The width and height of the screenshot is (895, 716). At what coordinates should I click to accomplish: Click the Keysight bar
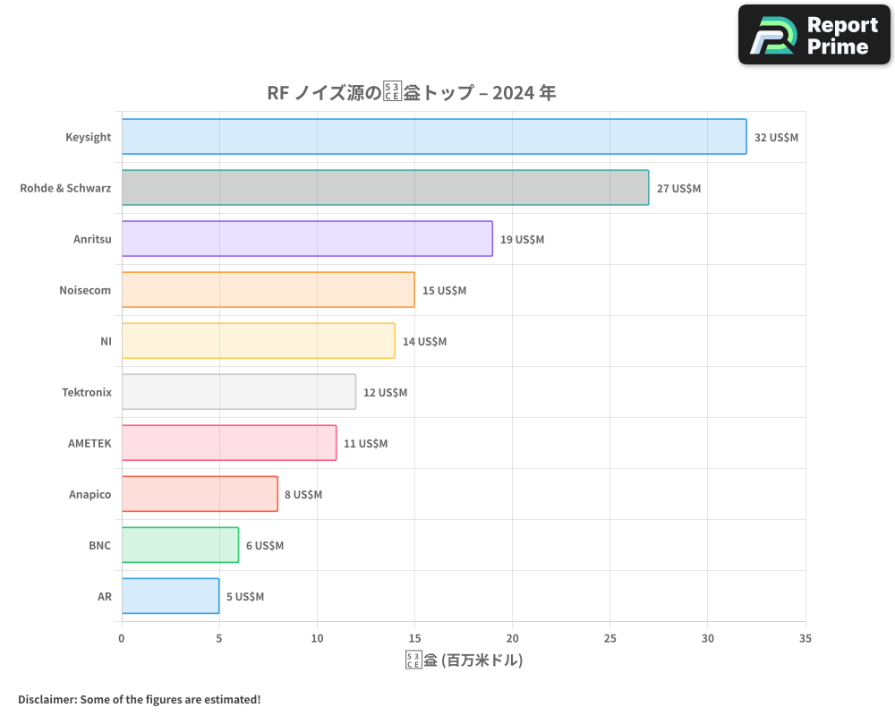434,137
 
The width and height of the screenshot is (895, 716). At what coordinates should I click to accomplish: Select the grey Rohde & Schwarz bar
385,188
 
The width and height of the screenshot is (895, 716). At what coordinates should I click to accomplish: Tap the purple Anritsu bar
307,239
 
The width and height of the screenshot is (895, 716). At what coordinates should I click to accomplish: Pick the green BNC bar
180,545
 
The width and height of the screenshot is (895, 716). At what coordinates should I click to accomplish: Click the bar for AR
170,596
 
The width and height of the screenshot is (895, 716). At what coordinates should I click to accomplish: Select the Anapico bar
200,494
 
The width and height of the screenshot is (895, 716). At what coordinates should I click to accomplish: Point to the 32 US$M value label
776,138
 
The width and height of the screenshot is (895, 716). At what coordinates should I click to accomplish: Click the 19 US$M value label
522,240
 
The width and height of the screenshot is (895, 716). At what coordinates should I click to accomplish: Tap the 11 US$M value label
365,444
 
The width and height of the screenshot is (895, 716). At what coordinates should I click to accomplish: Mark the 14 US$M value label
424,342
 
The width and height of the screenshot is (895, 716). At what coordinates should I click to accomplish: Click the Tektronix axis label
87,393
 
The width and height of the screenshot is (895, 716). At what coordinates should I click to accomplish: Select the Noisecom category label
85,291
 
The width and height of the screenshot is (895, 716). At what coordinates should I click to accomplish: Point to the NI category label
106,342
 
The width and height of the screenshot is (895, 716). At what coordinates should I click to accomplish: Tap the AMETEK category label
89,444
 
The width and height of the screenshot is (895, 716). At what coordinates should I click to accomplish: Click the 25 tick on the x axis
609,638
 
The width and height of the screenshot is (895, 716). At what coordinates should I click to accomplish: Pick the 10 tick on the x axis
317,638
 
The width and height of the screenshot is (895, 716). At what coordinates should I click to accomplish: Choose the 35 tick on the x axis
805,638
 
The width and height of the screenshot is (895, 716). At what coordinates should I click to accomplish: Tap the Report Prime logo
814,35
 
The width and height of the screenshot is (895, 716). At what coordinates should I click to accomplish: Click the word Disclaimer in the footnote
46,699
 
